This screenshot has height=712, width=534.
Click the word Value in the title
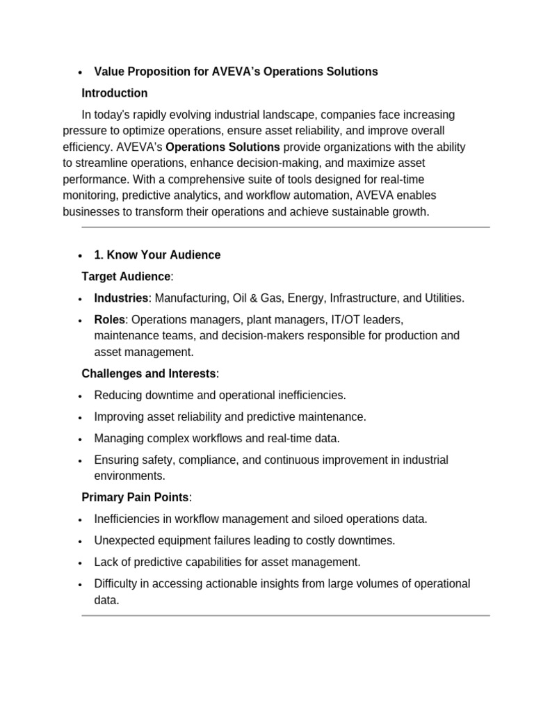(x=109, y=72)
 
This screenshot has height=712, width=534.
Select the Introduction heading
(x=115, y=93)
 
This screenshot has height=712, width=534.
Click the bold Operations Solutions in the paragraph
(x=222, y=147)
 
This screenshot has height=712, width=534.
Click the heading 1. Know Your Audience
(x=157, y=255)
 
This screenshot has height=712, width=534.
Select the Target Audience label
(x=126, y=277)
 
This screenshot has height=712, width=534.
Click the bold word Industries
(x=121, y=298)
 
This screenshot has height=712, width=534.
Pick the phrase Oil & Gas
(x=250, y=298)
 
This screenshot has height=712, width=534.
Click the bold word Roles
(x=110, y=320)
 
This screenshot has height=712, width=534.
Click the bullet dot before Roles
(x=81, y=321)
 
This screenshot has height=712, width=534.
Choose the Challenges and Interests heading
(x=149, y=373)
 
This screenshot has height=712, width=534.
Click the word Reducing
(x=118, y=395)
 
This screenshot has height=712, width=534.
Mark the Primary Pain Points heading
(x=136, y=497)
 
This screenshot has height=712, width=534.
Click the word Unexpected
(x=124, y=540)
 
